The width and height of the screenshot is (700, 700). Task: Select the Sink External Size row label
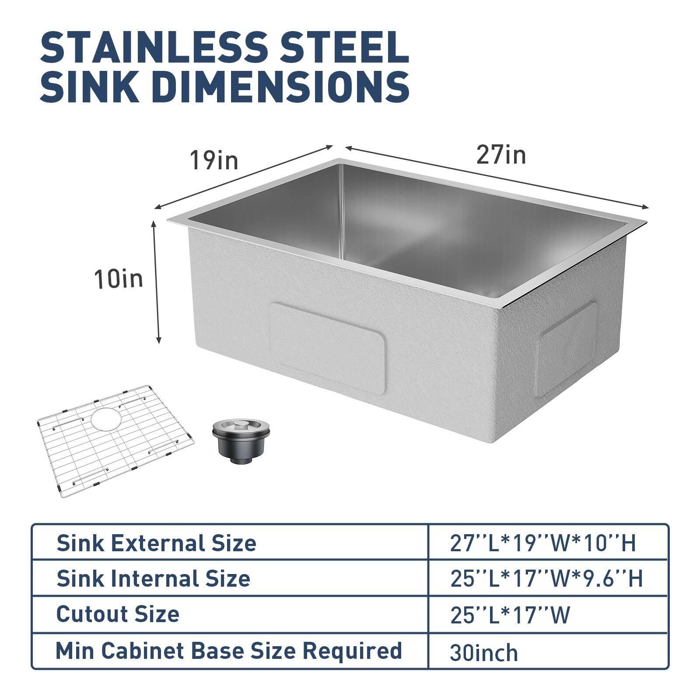[156, 543]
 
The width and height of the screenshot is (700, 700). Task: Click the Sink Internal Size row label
[153, 578]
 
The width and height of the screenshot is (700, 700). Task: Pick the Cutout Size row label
[118, 614]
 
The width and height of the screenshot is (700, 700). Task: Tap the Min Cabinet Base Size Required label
[228, 651]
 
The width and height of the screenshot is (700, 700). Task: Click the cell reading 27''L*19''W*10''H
[543, 543]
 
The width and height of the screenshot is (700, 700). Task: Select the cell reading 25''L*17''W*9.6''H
[546, 578]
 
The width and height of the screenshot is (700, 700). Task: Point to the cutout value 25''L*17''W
[510, 615]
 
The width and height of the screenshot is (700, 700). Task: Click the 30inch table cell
[483, 653]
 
